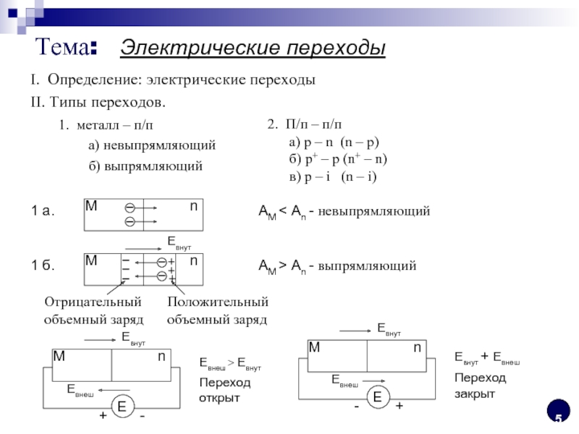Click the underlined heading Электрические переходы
pos(253,48)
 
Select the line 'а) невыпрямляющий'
pos(152,145)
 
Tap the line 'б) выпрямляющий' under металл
pos(145,166)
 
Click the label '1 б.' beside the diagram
pos(43,265)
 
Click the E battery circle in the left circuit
pos(122,407)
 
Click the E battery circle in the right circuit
pos(377,396)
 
